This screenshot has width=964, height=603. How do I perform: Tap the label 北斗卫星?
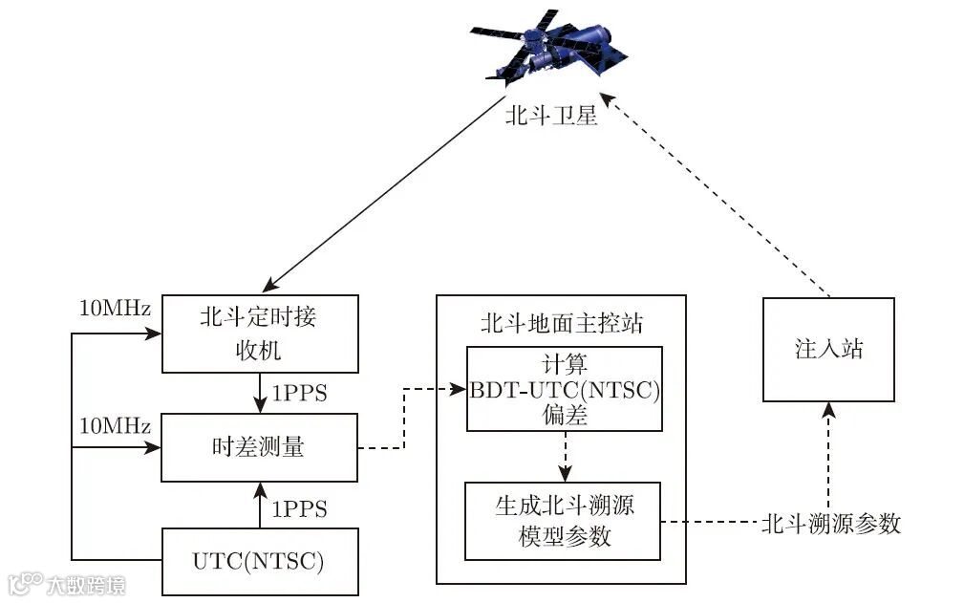tap(551, 117)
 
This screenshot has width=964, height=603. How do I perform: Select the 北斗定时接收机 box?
tap(259, 334)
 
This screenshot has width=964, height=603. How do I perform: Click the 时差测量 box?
tap(259, 446)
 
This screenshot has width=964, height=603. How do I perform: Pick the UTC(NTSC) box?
tap(259, 561)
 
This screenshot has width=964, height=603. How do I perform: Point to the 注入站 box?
tap(828, 349)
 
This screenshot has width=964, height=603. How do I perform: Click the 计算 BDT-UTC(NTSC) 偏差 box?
tap(564, 389)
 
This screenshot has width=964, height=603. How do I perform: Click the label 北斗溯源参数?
tap(831, 523)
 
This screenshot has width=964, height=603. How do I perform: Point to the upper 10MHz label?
tap(115, 310)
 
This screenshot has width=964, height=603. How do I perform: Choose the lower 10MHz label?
tap(115, 425)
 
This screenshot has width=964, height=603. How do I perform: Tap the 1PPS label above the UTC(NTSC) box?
tap(300, 508)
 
